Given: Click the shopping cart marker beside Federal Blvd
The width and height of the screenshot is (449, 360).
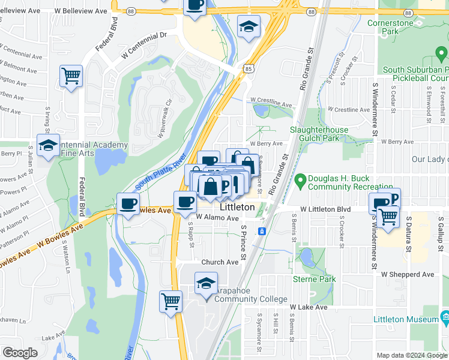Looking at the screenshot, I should point(71,77).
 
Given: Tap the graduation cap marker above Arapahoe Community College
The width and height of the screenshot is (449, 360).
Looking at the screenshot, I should point(206,283).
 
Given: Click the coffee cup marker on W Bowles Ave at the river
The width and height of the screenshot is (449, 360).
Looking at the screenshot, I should point(128,205).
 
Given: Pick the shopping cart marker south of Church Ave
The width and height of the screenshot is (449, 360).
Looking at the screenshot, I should point(171,301).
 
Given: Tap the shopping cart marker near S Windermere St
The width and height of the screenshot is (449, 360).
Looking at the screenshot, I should point(388,217).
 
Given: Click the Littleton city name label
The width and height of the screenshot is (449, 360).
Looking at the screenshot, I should point(237,207).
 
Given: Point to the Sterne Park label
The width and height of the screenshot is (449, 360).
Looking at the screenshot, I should point(314,279).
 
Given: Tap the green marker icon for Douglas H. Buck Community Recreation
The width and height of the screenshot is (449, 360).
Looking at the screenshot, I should point(301,179).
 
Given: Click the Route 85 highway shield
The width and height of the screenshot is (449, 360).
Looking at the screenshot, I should point(248,69).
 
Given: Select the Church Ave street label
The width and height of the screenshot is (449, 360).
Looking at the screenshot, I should point(220,262).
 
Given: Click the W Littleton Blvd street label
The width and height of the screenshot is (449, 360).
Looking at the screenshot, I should point(325,209).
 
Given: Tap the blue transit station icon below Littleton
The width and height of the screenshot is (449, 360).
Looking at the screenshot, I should point(262,231).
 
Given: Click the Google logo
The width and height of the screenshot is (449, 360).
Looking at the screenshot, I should point(20,353).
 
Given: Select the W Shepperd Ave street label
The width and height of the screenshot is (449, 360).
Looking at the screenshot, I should point(408,274).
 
